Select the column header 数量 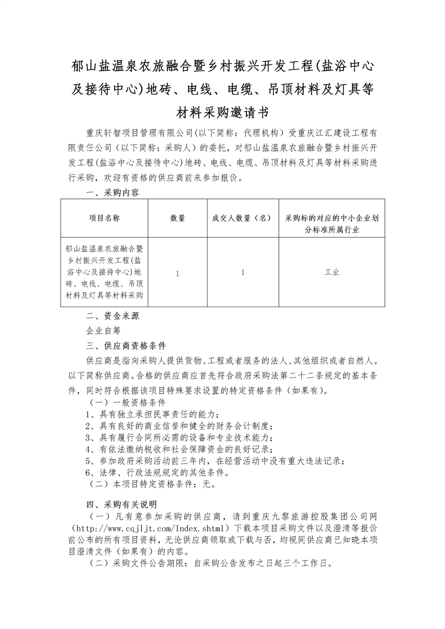[x=178, y=218]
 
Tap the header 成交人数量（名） [x=242, y=218]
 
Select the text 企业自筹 [x=103, y=330]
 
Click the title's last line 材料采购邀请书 [x=222, y=112]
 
